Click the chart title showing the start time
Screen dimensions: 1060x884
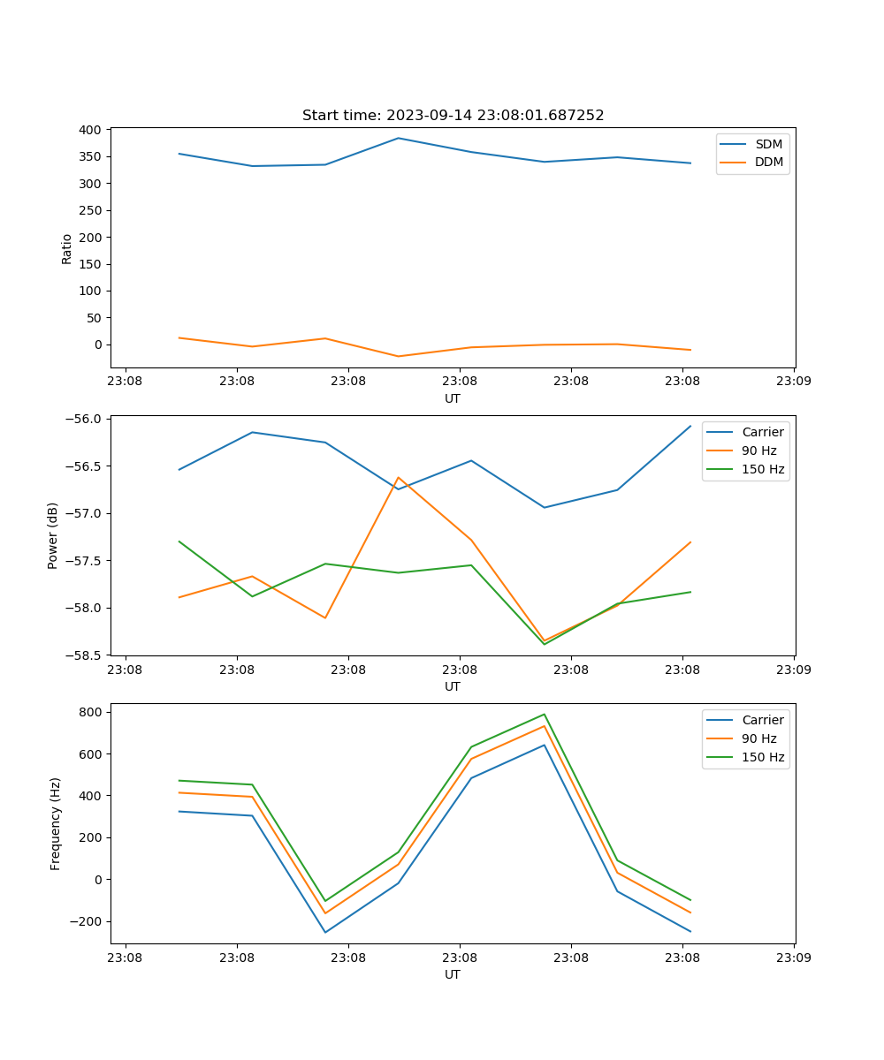[453, 116]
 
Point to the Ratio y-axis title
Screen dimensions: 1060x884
[67, 248]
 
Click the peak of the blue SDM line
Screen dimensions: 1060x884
[398, 138]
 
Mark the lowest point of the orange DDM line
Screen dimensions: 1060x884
[398, 357]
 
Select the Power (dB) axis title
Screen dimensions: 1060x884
[53, 535]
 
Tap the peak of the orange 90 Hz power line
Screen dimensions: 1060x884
[398, 477]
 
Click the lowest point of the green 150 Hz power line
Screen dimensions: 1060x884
[544, 644]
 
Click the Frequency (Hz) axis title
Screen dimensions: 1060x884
[56, 823]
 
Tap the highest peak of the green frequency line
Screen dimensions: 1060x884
[544, 715]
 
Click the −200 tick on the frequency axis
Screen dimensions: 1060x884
[88, 921]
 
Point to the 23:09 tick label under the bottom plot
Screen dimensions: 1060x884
[794, 957]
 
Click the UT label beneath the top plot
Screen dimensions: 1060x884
[453, 398]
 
